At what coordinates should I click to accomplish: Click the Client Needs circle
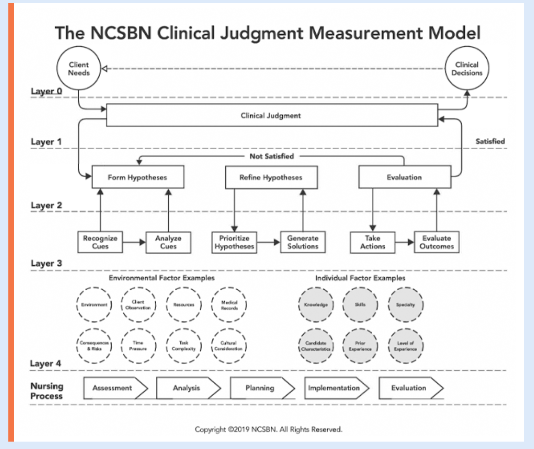pyautogui.click(x=78, y=69)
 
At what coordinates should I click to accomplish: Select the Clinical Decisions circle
pyautogui.click(x=467, y=69)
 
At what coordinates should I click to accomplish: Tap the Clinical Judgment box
pyautogui.click(x=272, y=116)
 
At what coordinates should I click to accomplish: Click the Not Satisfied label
pyautogui.click(x=272, y=156)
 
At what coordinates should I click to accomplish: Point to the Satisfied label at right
pyautogui.click(x=490, y=142)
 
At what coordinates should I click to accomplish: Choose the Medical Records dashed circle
pyautogui.click(x=229, y=305)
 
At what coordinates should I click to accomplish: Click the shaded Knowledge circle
pyautogui.click(x=314, y=306)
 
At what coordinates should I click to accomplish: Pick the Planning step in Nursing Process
pyautogui.click(x=261, y=388)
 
